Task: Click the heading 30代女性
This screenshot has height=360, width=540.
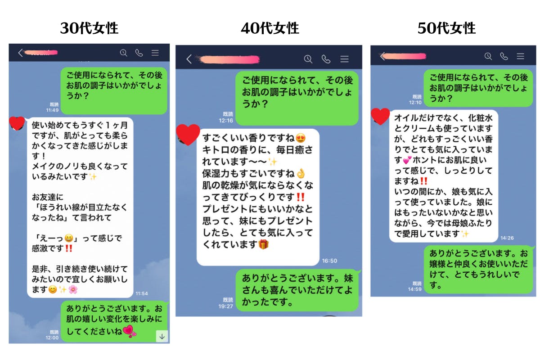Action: coord(89,28)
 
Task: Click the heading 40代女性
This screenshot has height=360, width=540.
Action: coord(270,28)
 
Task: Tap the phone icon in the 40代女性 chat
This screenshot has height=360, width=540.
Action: coord(326,59)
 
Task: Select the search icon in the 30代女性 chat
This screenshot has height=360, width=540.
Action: coord(123,53)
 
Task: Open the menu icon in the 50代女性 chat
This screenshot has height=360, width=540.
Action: coord(520,56)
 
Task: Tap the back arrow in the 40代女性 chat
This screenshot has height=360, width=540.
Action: coord(189,59)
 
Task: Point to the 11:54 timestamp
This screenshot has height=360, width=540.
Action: coord(141,293)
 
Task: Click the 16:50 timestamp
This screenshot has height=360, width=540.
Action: coord(329,261)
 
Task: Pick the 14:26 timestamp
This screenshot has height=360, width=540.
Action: coord(507,238)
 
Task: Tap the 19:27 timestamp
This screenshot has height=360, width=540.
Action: coord(226,306)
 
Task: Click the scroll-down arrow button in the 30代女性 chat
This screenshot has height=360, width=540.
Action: coord(162,335)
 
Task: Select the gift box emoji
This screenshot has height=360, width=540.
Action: coord(263,245)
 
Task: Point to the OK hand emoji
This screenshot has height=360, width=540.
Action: coord(301,173)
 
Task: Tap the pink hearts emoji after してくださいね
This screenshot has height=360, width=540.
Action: coord(130,332)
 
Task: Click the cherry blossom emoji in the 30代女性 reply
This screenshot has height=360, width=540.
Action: coord(72,289)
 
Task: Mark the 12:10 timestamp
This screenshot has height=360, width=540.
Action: coord(416,102)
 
